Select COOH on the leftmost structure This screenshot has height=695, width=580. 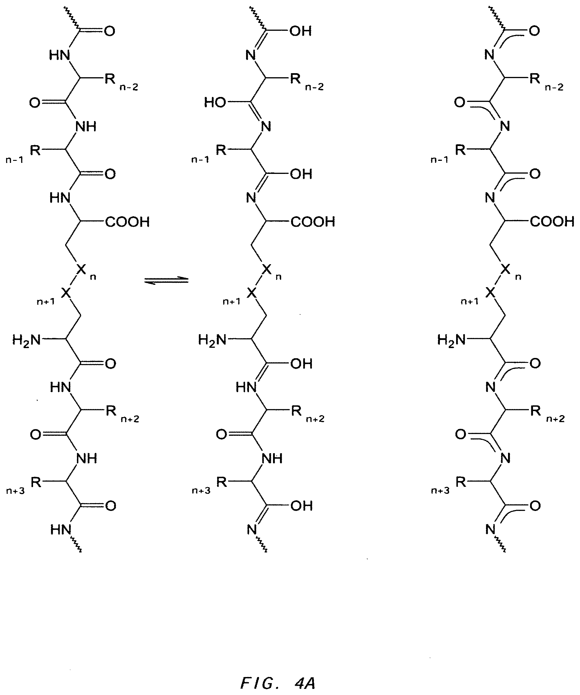click(x=127, y=222)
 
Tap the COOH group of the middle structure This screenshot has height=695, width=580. click(x=313, y=222)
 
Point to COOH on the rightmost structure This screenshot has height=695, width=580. click(x=552, y=222)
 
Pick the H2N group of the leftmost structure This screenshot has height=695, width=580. click(x=26, y=340)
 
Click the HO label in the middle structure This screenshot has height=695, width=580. click(x=215, y=102)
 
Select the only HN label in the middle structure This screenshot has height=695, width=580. click(x=246, y=387)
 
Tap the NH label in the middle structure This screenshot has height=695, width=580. click(x=272, y=458)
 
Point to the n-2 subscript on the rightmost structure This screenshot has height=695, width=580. click(x=554, y=87)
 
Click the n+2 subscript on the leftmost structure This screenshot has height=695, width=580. click(x=130, y=419)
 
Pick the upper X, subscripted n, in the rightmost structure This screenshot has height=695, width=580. click(x=505, y=270)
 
